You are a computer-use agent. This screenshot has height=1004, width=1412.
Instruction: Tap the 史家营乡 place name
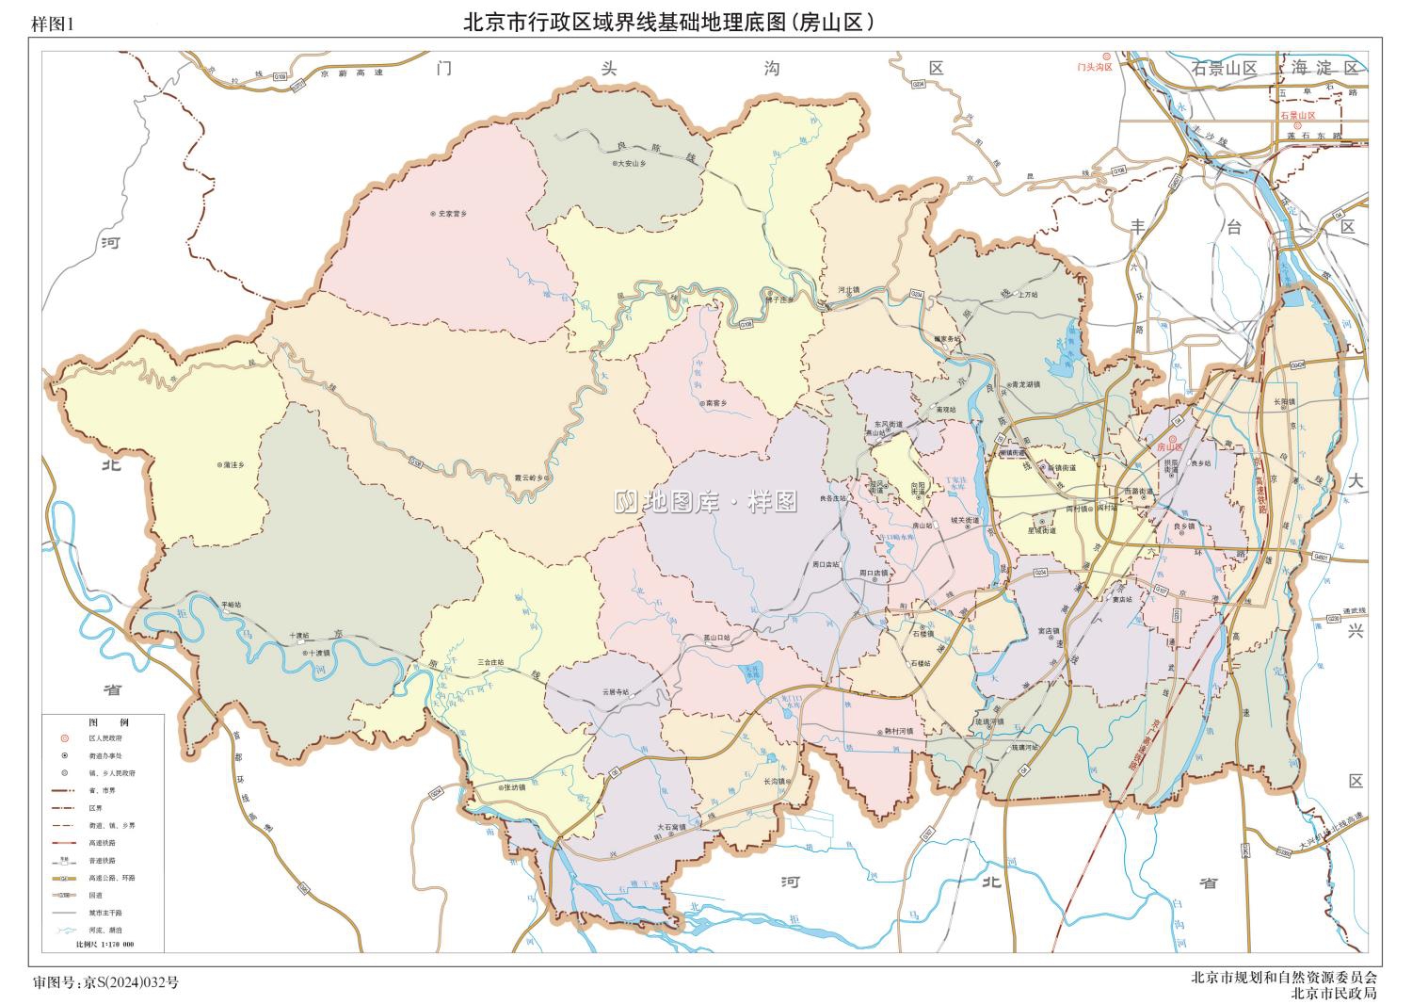point(451,214)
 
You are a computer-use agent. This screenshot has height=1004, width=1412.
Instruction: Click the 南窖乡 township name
point(715,404)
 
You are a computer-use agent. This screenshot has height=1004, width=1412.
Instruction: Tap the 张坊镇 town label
point(513,787)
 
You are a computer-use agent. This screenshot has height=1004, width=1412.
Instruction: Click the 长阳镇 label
point(1286,402)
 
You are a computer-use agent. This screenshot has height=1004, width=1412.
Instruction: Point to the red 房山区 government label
point(1173,447)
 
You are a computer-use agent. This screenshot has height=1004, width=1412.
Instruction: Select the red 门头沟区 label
point(1095,67)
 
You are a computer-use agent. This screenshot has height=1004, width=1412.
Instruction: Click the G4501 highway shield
point(1323,558)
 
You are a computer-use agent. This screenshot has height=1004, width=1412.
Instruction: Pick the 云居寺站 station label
point(617,692)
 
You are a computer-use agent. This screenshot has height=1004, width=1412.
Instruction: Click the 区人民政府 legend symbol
point(65,737)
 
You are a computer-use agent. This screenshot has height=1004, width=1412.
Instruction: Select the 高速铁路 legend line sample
point(65,843)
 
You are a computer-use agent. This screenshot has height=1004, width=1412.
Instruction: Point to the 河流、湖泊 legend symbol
point(65,929)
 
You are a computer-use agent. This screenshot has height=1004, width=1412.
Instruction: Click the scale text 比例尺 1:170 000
point(104,944)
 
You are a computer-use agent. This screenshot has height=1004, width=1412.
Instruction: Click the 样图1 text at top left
point(52,25)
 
